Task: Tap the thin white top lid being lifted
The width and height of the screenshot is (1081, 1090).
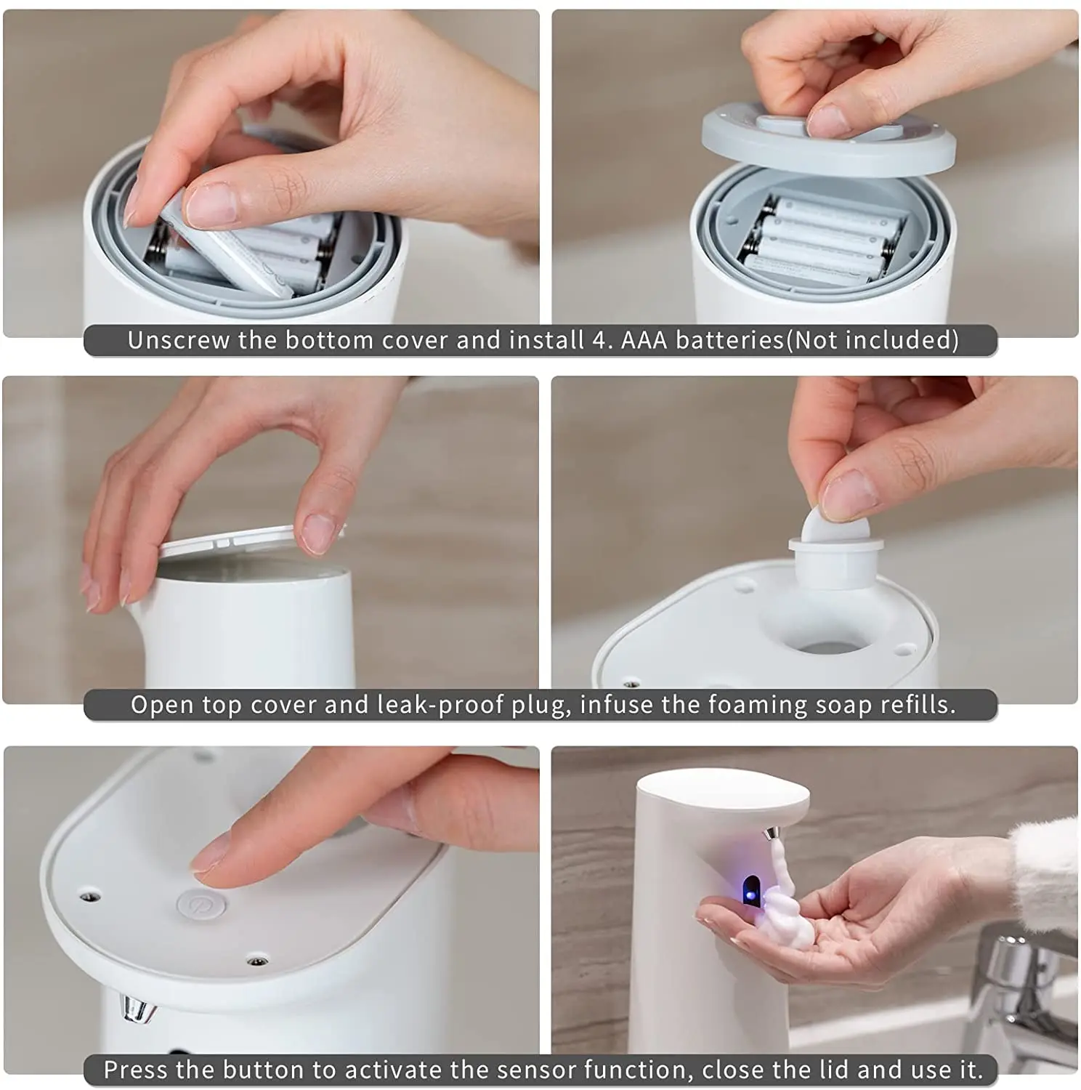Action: pos(251,538)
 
